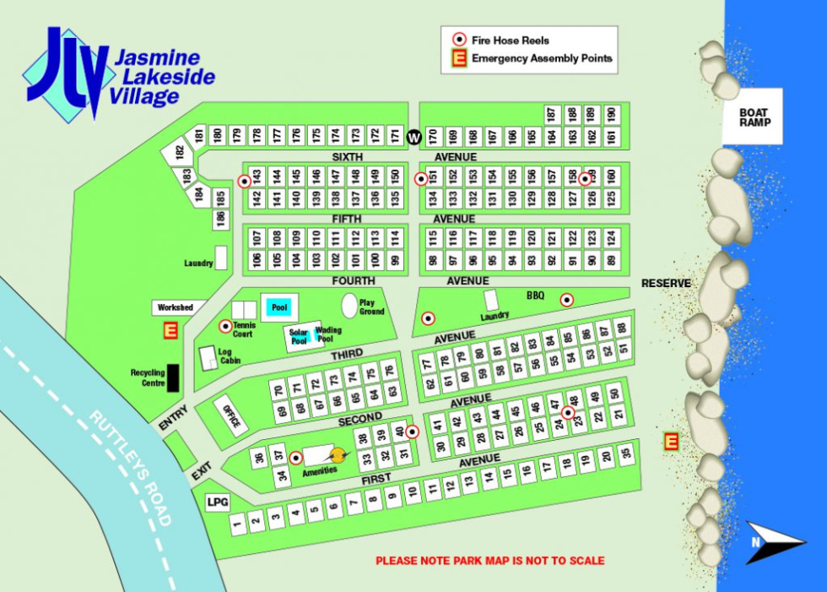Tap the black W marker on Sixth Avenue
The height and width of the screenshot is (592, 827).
(x=413, y=137)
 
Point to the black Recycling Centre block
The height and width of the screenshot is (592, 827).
(x=173, y=377)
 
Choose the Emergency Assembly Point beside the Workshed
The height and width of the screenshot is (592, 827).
(x=170, y=331)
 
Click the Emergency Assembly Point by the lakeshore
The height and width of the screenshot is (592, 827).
(x=671, y=440)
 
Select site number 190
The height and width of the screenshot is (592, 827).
(x=611, y=114)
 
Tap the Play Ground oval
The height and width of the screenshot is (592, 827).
(x=349, y=306)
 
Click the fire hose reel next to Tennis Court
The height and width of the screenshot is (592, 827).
(x=225, y=326)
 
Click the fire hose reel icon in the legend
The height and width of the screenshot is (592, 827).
(x=460, y=39)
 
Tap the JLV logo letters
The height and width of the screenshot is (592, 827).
(x=68, y=72)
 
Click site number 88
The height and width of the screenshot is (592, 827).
(x=623, y=328)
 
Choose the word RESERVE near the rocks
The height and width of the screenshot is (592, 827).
(x=666, y=283)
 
